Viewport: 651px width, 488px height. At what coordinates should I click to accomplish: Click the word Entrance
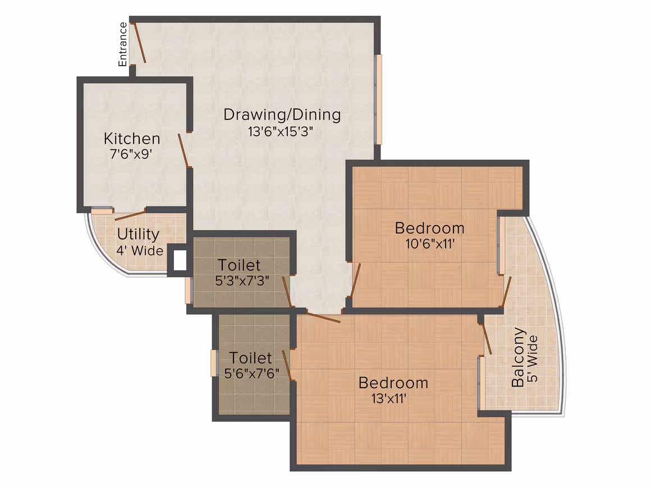122,44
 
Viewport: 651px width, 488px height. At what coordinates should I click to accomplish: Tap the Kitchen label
132,139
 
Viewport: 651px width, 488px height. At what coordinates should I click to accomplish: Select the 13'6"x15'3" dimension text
280,132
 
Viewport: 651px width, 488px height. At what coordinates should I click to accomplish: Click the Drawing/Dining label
282,115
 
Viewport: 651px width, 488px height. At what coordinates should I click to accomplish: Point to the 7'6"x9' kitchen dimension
131,154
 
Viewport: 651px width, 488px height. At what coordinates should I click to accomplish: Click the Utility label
138,234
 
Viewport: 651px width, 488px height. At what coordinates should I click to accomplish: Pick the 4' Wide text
140,251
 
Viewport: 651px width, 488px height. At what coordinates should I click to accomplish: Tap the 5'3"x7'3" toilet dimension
242,281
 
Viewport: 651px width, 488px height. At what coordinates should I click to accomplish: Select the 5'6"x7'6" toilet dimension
251,374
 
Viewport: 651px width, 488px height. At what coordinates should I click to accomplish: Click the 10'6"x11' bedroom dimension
430,243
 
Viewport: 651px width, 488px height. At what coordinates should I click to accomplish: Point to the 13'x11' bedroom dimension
388,399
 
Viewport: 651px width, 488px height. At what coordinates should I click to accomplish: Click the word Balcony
518,357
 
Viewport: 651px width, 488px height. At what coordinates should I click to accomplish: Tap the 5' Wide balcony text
533,358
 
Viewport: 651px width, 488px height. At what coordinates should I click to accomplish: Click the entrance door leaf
140,43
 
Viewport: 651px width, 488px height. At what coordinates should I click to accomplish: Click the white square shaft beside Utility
180,261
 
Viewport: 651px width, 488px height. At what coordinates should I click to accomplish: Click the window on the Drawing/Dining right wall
378,100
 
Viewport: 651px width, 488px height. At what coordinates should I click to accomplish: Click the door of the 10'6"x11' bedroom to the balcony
507,292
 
